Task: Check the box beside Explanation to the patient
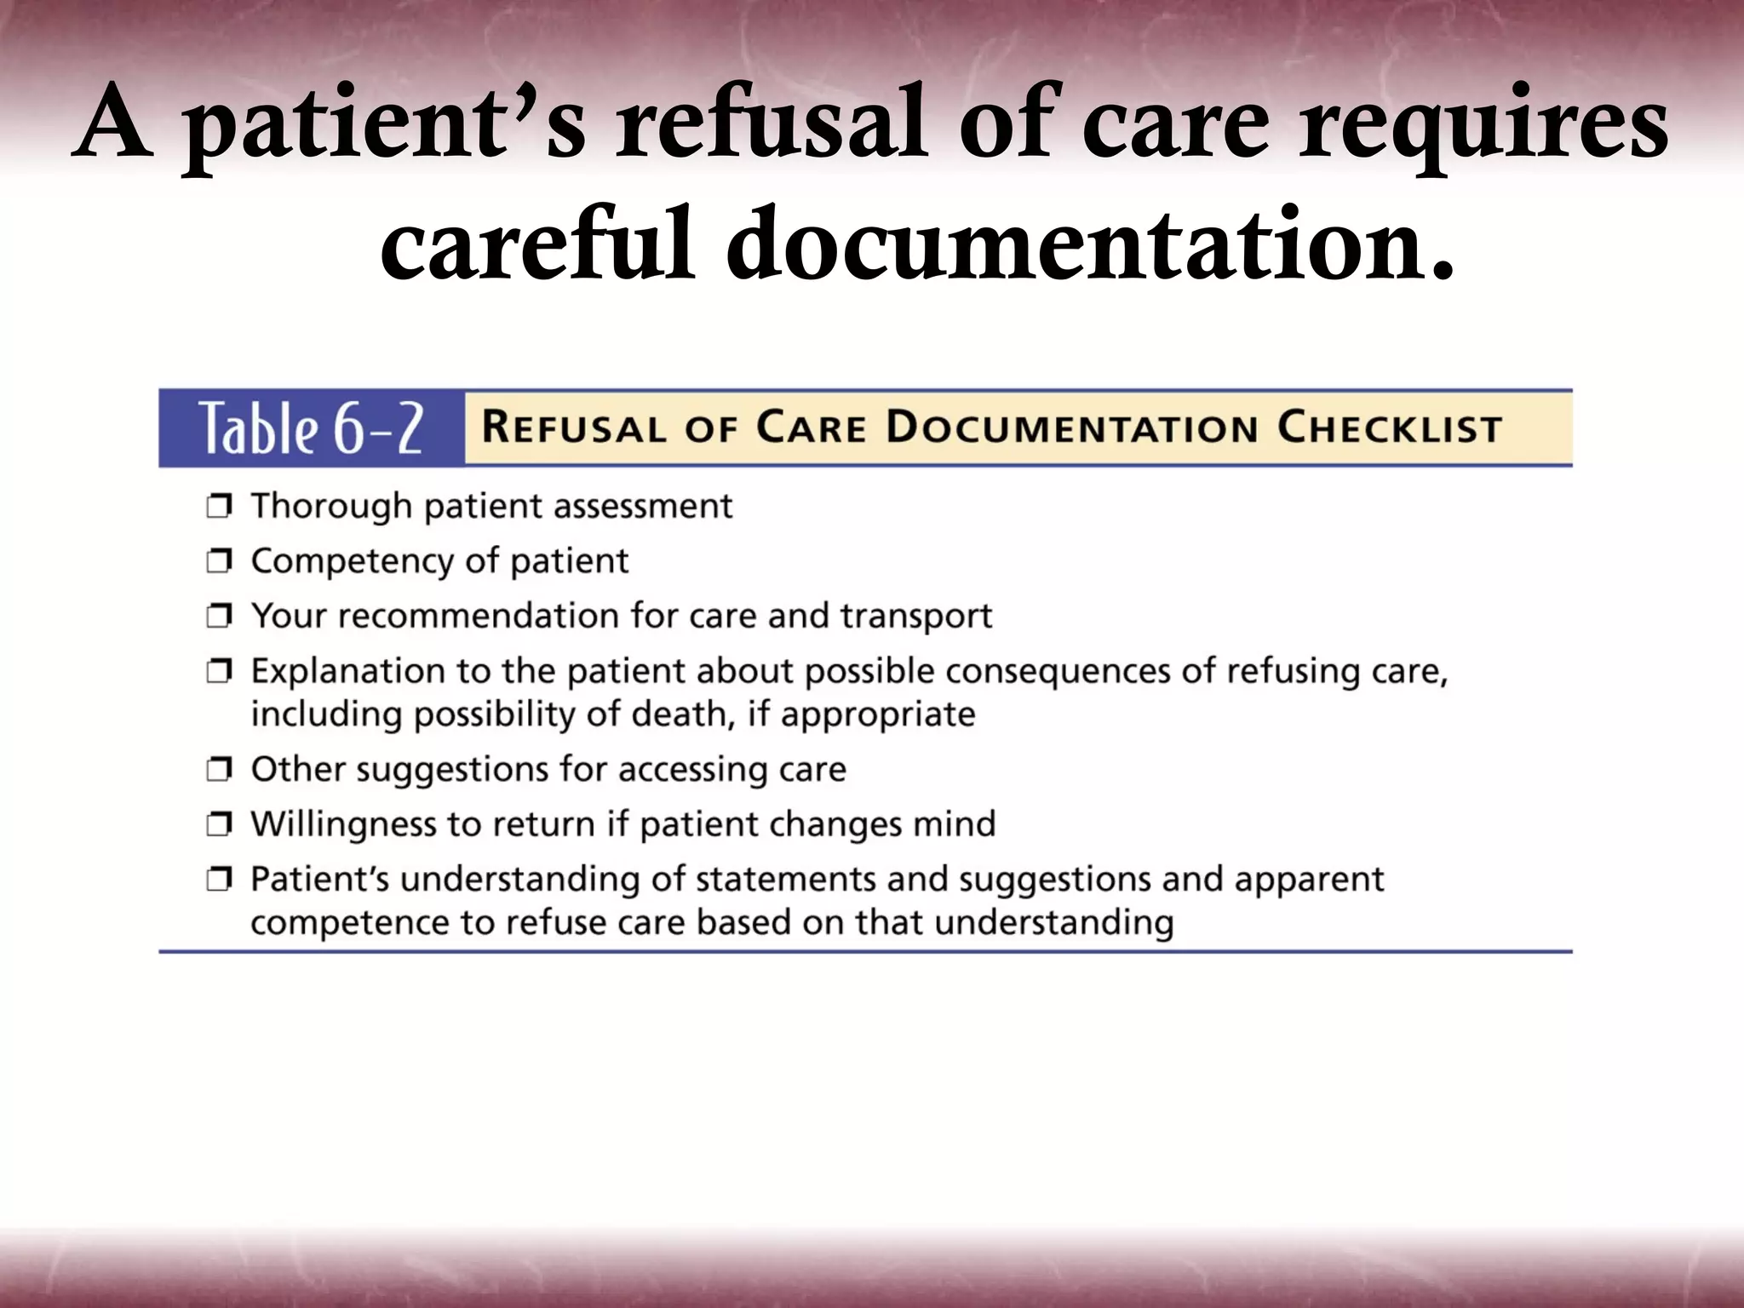tap(219, 672)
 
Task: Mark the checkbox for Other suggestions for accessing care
tap(219, 770)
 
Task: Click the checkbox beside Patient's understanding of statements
tap(219, 880)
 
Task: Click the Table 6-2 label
tap(311, 428)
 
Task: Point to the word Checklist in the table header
tap(1389, 427)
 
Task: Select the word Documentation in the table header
tap(1072, 427)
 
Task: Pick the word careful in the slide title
tap(536, 247)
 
